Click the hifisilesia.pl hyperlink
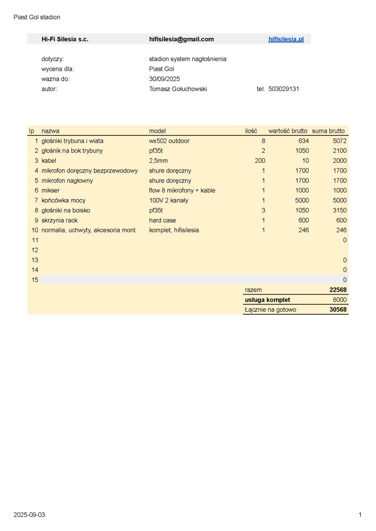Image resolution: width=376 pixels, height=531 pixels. pos(286,39)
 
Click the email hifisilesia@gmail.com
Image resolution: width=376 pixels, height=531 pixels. pos(181,39)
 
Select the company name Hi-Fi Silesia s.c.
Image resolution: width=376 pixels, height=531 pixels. pos(65,39)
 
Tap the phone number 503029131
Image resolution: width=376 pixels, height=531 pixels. pos(284,89)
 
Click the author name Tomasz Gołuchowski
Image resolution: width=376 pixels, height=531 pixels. pos(178,89)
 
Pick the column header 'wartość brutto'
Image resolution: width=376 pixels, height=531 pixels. pos(287,131)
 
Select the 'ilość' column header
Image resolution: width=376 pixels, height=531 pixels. pos(251,131)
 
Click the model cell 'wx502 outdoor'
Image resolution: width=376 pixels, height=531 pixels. pos(169,141)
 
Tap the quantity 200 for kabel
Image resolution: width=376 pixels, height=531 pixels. pos(260,161)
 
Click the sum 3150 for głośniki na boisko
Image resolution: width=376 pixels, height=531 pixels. pos(340,210)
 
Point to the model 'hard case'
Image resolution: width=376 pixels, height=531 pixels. pos(162,220)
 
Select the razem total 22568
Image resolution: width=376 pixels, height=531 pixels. pos(338,290)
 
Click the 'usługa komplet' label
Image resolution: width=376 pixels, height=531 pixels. pos(267,300)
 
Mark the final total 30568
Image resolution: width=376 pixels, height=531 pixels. pos(338,310)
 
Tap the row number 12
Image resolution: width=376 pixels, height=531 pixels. pos(35,250)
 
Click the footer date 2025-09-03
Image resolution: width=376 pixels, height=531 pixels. pos(29,515)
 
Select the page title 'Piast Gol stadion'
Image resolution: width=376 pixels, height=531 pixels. pos(37,17)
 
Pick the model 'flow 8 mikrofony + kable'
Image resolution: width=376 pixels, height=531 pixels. pos(182,191)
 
